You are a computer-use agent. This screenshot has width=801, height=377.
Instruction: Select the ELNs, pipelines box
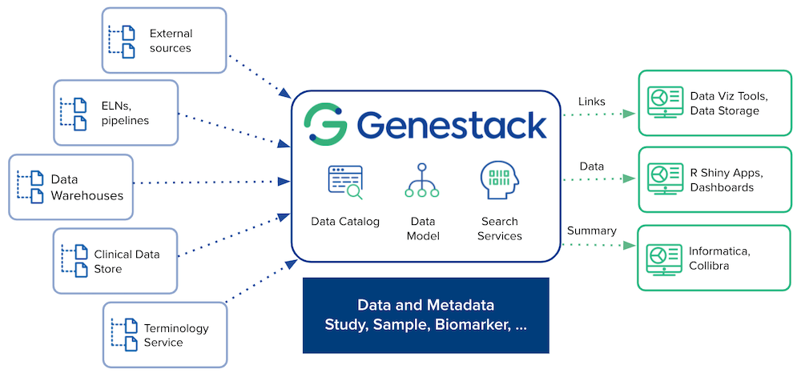click(116, 112)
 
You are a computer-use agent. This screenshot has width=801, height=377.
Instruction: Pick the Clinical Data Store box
click(115, 261)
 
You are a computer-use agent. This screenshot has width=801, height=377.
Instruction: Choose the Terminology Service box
click(165, 335)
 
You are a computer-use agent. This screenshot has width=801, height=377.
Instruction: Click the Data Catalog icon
click(345, 182)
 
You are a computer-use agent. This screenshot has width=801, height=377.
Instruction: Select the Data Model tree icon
click(422, 182)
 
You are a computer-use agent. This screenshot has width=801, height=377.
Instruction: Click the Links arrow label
click(591, 102)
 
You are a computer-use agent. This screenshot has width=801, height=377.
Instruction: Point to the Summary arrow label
click(591, 231)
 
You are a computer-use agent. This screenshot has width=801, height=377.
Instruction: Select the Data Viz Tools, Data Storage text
click(729, 103)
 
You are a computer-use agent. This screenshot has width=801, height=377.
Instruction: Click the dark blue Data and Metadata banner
click(425, 315)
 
